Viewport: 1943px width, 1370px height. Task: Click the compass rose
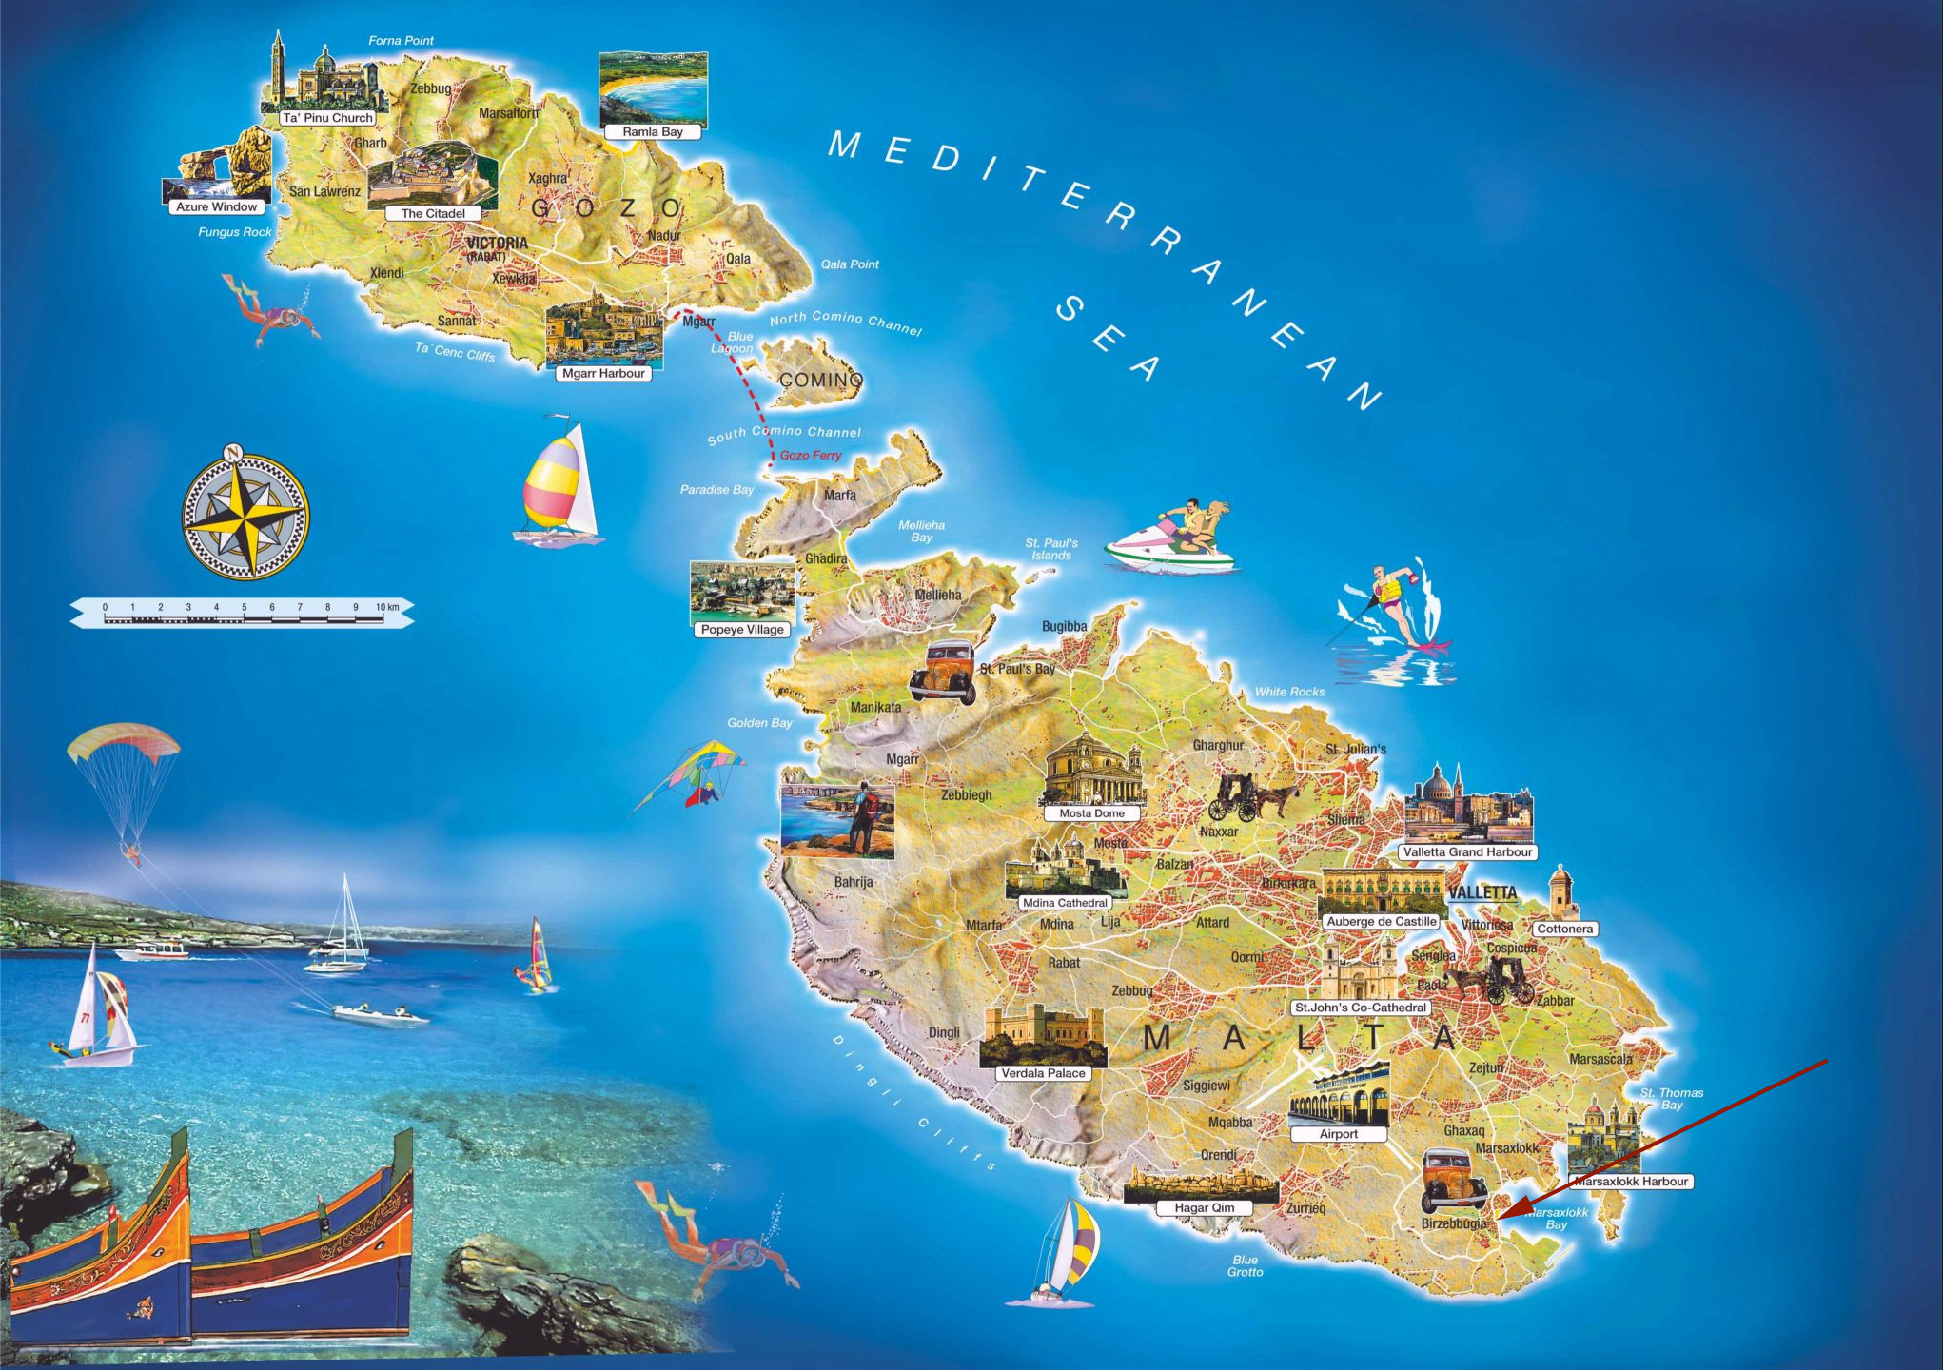point(245,518)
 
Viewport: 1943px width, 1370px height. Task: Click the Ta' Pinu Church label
point(327,118)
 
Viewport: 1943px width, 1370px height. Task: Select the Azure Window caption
point(216,206)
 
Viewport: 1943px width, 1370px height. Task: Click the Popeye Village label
point(742,630)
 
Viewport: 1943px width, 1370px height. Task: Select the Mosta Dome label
point(1091,813)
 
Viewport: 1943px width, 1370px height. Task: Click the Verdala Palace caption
point(1043,1073)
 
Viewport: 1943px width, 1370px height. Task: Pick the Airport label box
point(1338,1134)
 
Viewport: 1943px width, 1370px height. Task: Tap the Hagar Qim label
point(1204,1208)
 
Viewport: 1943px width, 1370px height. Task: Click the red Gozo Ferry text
point(811,456)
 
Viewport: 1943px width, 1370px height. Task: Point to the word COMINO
point(820,380)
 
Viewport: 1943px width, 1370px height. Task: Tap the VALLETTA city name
point(1482,892)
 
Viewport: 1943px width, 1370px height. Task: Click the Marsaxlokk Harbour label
point(1631,1182)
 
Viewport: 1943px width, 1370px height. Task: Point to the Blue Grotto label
point(1245,1266)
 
